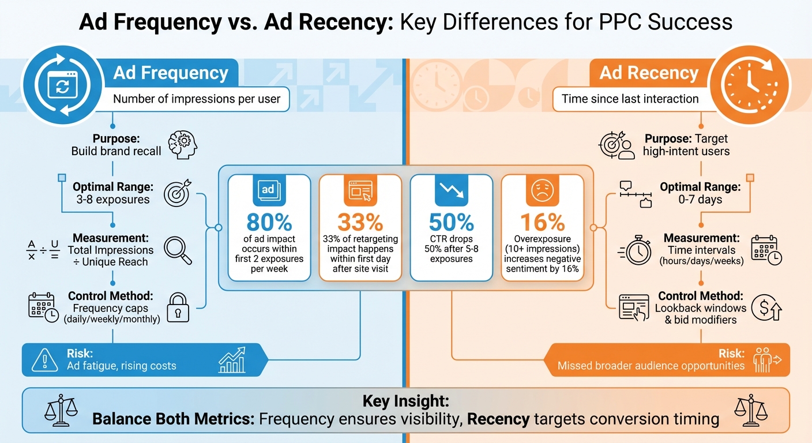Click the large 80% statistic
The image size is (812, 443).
click(269, 223)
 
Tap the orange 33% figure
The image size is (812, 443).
click(360, 223)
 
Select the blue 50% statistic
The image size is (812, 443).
click(451, 223)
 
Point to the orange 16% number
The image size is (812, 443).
click(542, 223)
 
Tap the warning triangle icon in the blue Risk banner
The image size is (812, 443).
click(44, 360)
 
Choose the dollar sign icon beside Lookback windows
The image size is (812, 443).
click(770, 308)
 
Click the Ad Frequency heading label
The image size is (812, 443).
click(171, 73)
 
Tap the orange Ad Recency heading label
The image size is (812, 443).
click(649, 73)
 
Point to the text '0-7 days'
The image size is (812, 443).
click(700, 200)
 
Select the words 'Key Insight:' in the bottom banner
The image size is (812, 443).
click(405, 401)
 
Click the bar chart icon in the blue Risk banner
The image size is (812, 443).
click(232, 360)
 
